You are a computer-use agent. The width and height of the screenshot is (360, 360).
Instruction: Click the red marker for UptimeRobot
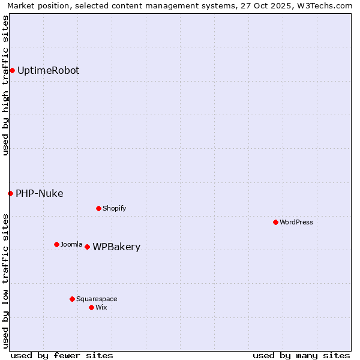tap(12, 71)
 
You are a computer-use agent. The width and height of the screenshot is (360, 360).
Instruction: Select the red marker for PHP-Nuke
tap(10, 193)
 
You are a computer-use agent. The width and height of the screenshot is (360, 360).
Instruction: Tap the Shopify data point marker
tap(98, 208)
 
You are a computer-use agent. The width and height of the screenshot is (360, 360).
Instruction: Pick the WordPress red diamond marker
tap(275, 222)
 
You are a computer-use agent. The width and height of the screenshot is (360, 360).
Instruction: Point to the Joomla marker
tap(56, 244)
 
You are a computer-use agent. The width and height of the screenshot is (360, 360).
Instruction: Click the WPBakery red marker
tap(87, 247)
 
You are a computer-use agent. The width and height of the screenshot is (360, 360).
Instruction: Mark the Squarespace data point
tap(72, 299)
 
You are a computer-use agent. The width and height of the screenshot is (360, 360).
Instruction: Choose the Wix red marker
tap(91, 307)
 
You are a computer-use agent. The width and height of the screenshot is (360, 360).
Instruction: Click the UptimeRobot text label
tap(48, 71)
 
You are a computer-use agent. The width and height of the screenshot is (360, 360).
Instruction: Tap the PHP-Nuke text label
tap(39, 193)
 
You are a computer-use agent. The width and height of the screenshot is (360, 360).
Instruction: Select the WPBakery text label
tap(116, 247)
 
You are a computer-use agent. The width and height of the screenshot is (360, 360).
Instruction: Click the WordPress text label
tap(296, 222)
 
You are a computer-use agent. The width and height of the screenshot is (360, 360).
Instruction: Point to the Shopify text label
tap(114, 208)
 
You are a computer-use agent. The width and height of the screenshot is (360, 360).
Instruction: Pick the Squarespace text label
tap(97, 299)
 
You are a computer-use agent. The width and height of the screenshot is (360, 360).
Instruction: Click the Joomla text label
tap(71, 244)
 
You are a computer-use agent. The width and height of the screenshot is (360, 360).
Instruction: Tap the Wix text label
tap(101, 307)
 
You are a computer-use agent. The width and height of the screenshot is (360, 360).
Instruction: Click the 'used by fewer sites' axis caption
tap(62, 355)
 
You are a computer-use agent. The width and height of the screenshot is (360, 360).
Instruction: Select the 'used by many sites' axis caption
tap(301, 355)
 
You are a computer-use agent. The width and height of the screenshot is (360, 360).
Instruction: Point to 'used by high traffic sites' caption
tap(6, 86)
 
